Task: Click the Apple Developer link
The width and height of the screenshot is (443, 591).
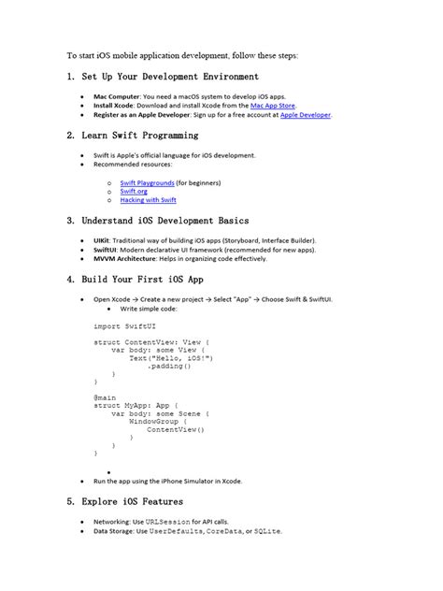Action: pyautogui.click(x=306, y=115)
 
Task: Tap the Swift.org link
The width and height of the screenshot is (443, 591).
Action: pyautogui.click(x=133, y=191)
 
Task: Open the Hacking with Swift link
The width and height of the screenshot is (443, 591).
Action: pyautogui.click(x=148, y=200)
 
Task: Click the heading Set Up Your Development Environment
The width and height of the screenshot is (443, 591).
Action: pyautogui.click(x=163, y=77)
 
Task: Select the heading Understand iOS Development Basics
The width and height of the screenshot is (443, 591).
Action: pyautogui.click(x=158, y=221)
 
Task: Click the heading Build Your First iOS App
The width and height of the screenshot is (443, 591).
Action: pyautogui.click(x=143, y=280)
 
